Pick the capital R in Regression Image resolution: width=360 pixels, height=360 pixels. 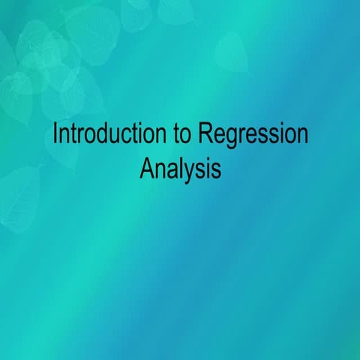click(x=205, y=136)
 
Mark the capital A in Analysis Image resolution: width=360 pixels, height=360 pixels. click(x=146, y=167)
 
